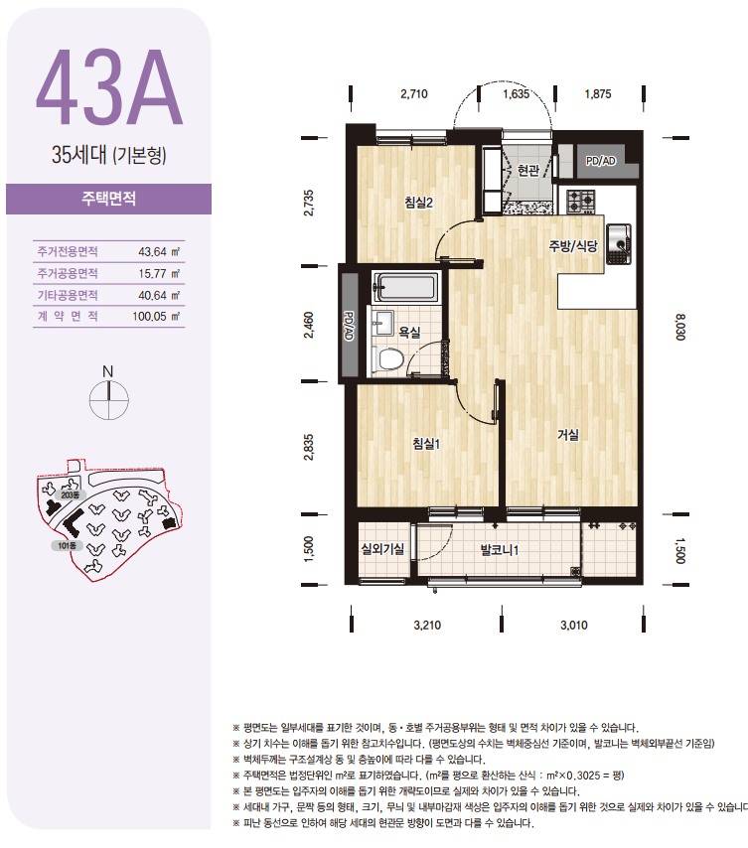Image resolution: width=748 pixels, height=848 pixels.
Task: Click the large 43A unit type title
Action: pyautogui.click(x=109, y=87)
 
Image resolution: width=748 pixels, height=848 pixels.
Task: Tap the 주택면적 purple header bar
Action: pyautogui.click(x=108, y=199)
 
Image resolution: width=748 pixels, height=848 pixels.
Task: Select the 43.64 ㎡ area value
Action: pyautogui.click(x=159, y=251)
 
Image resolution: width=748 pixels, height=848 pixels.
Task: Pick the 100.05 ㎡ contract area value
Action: pyautogui.click(x=156, y=317)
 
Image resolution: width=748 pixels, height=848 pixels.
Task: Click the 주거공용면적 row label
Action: pyautogui.click(x=68, y=274)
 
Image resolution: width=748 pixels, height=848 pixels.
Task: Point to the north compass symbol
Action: pyautogui.click(x=108, y=395)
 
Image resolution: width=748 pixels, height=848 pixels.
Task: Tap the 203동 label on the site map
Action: pyautogui.click(x=70, y=495)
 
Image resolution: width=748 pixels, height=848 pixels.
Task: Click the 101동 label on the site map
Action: pyautogui.click(x=68, y=546)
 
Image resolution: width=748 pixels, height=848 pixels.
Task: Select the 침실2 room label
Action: pyautogui.click(x=418, y=203)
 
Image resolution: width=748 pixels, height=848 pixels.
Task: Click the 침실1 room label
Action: pyautogui.click(x=426, y=444)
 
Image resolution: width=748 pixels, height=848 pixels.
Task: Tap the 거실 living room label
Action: pyautogui.click(x=568, y=435)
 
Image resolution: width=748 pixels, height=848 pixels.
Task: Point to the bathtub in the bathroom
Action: pyautogui.click(x=405, y=287)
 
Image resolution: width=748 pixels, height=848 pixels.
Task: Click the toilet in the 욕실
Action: pyautogui.click(x=388, y=358)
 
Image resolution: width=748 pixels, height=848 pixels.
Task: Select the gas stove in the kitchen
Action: pyautogui.click(x=580, y=202)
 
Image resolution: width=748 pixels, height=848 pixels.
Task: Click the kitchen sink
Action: pyautogui.click(x=619, y=244)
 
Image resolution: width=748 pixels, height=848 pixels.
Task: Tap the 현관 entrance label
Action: pyautogui.click(x=527, y=171)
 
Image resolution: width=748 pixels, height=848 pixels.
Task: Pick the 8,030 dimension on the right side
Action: pyautogui.click(x=680, y=328)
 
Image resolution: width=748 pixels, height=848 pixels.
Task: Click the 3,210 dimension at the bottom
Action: pyautogui.click(x=427, y=626)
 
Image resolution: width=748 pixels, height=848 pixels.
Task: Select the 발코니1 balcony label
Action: pyautogui.click(x=500, y=550)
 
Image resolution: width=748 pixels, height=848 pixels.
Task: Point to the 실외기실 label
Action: pyautogui.click(x=382, y=549)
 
